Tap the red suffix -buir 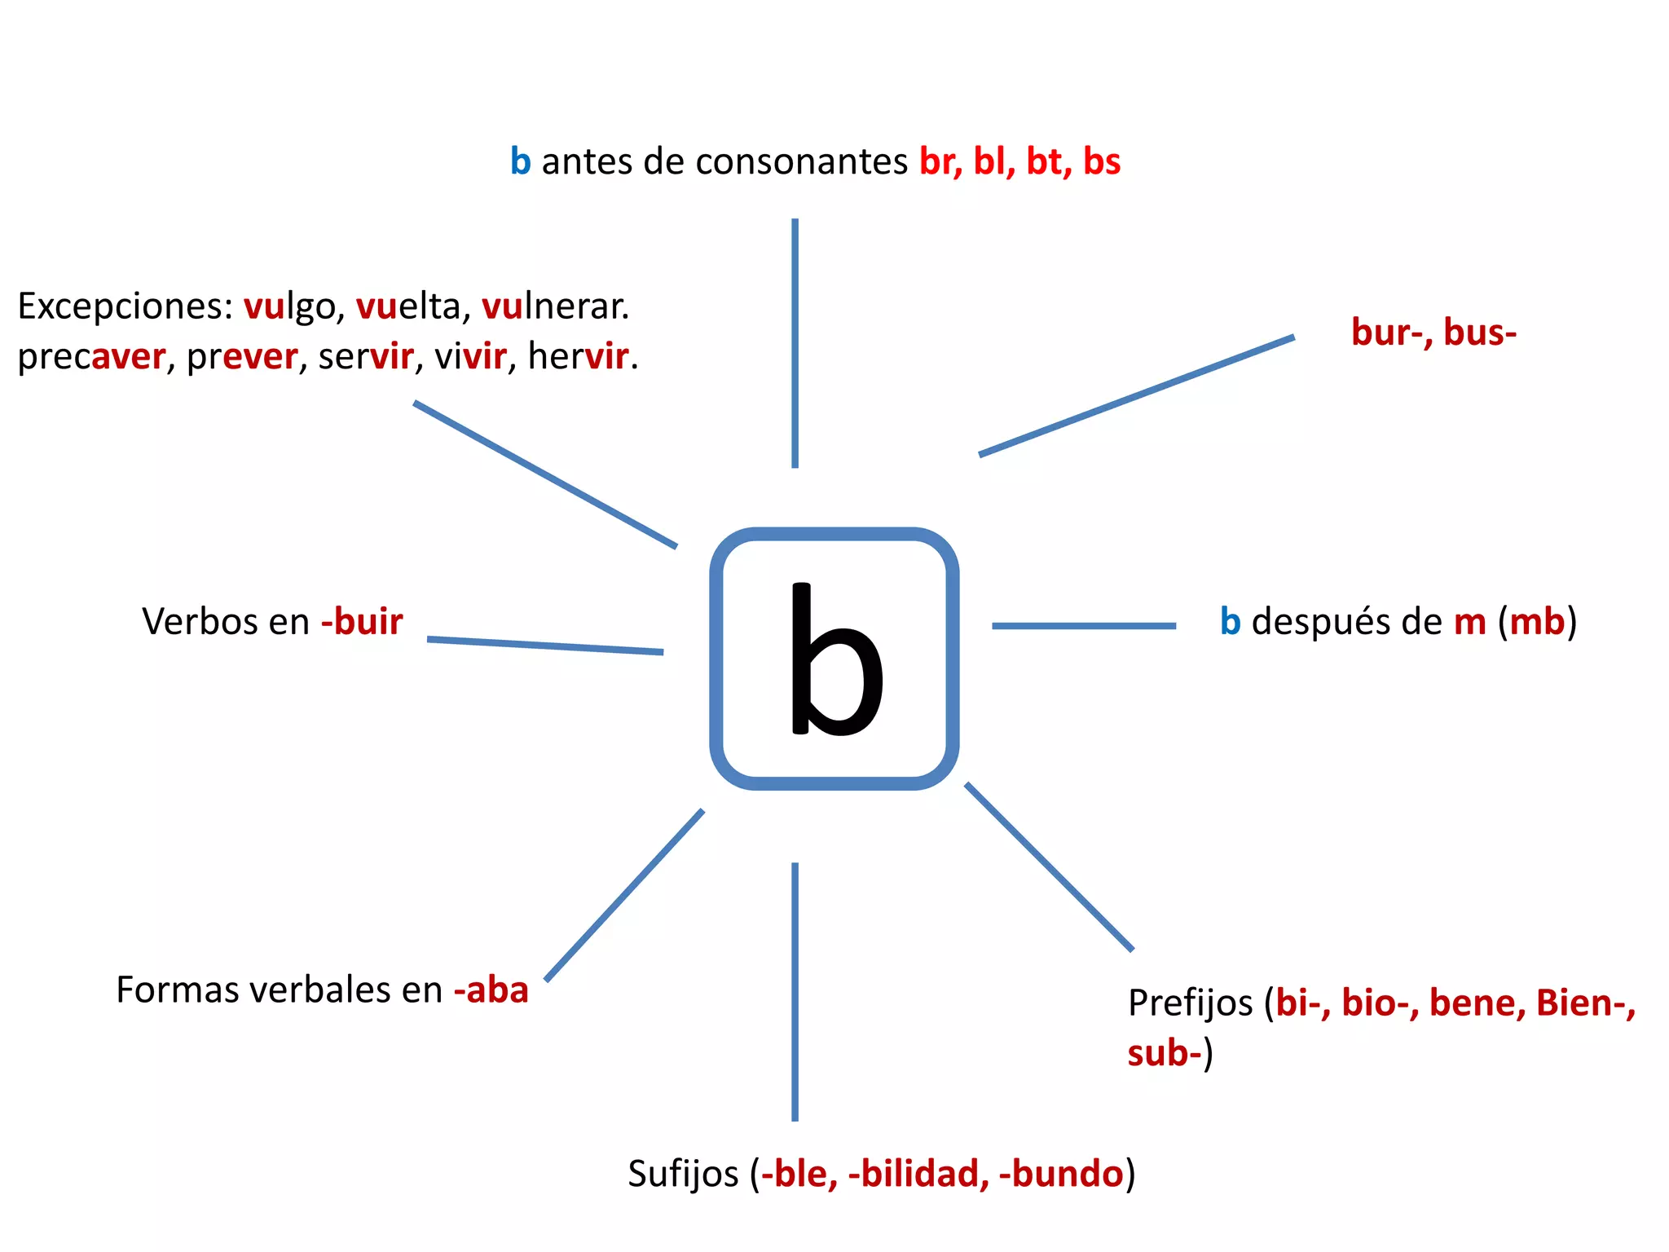362,622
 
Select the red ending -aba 491,990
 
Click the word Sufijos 683,1175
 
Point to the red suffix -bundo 1061,1175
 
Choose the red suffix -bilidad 918,1175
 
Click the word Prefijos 1190,1003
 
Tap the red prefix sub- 1165,1053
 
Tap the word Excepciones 126,307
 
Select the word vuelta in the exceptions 409,307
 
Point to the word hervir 579,357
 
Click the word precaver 91,357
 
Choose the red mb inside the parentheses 1537,622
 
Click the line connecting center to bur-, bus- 1136,395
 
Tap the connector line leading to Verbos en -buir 544,646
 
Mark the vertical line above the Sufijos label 795,991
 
